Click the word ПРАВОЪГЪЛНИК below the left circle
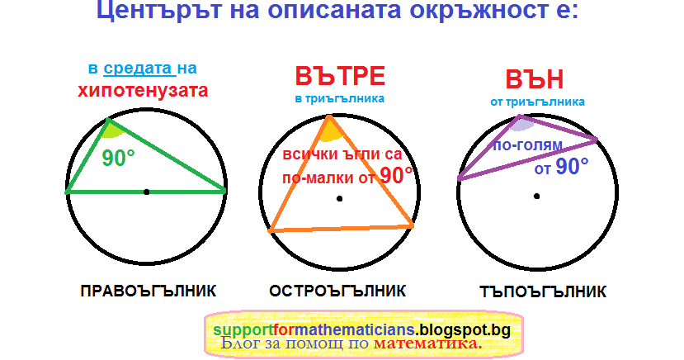click(149, 291)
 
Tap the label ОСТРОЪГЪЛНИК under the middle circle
click(337, 291)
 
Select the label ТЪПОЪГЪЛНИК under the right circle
click(543, 291)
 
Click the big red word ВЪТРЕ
click(340, 76)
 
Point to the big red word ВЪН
click(535, 79)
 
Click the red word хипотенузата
click(143, 91)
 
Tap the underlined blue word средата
click(139, 68)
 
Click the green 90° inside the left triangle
click(118, 158)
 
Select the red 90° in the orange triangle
click(396, 175)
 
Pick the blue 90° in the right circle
click(572, 166)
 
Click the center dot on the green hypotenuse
click(147, 192)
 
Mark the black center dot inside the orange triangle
click(339, 199)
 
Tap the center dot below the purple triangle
click(537, 197)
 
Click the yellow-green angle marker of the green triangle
click(111, 130)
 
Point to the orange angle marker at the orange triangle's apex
click(331, 132)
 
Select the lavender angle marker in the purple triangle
click(522, 125)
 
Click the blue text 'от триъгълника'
click(537, 102)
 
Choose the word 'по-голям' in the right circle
click(528, 144)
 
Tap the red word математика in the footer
click(428, 343)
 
